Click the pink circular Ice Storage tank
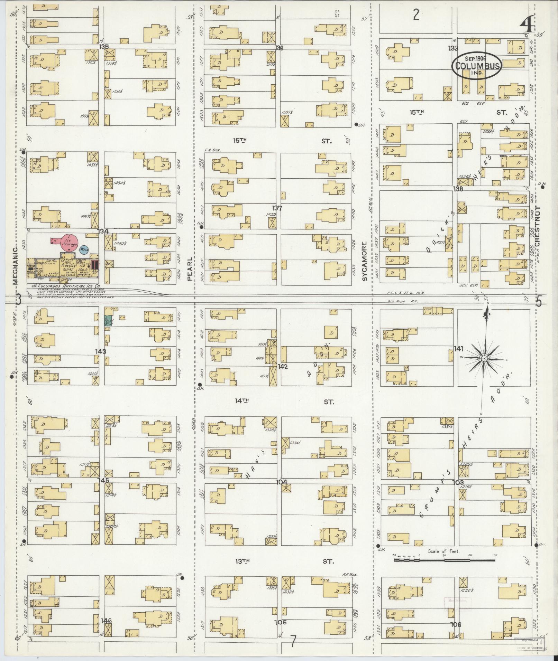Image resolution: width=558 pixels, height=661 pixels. point(69,242)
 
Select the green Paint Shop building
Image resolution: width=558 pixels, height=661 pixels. point(108,320)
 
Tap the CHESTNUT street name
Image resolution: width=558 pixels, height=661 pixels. point(537,226)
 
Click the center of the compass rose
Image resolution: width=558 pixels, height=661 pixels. point(484,359)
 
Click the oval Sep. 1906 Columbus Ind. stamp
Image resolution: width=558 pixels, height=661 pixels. point(476,66)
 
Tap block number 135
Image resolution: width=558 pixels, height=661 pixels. point(104,46)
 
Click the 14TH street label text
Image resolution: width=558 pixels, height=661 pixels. point(242,401)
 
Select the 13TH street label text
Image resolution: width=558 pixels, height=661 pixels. point(242,561)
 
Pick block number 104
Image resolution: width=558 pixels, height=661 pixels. point(281,482)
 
